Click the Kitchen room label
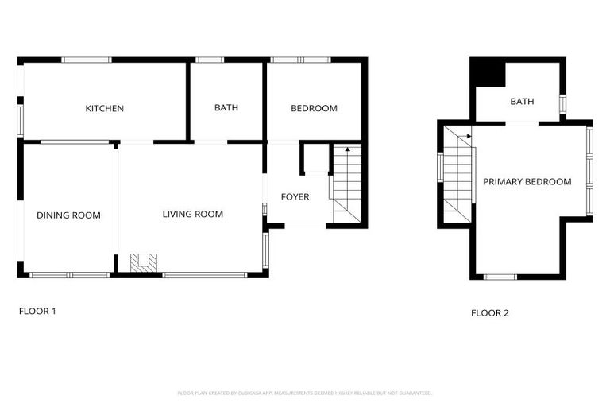point(104,108)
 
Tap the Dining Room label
point(68,215)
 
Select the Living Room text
point(192,214)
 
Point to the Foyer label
point(295,197)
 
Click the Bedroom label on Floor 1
point(314,108)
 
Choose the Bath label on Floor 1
point(226,108)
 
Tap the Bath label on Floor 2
point(522,102)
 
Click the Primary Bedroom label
point(527,182)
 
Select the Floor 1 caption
point(37,311)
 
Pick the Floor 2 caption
point(490,312)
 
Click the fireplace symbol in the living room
point(145,263)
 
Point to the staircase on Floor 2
point(457,175)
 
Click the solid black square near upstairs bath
point(488,74)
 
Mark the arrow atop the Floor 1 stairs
point(347,149)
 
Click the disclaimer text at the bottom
point(305,393)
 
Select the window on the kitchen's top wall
point(87,59)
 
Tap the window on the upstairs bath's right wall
point(562,104)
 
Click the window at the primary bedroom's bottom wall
point(500,277)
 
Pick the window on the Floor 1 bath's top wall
point(210,59)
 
